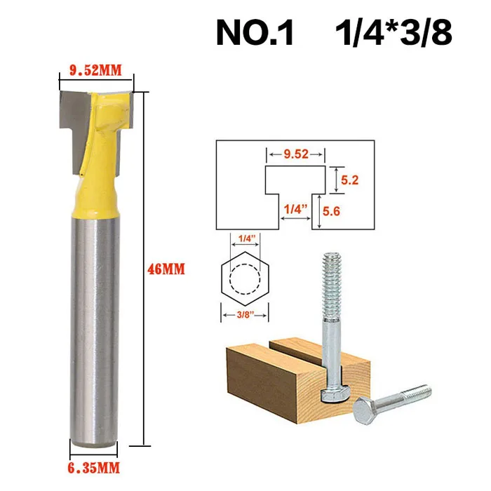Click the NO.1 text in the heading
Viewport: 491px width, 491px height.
point(255,33)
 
